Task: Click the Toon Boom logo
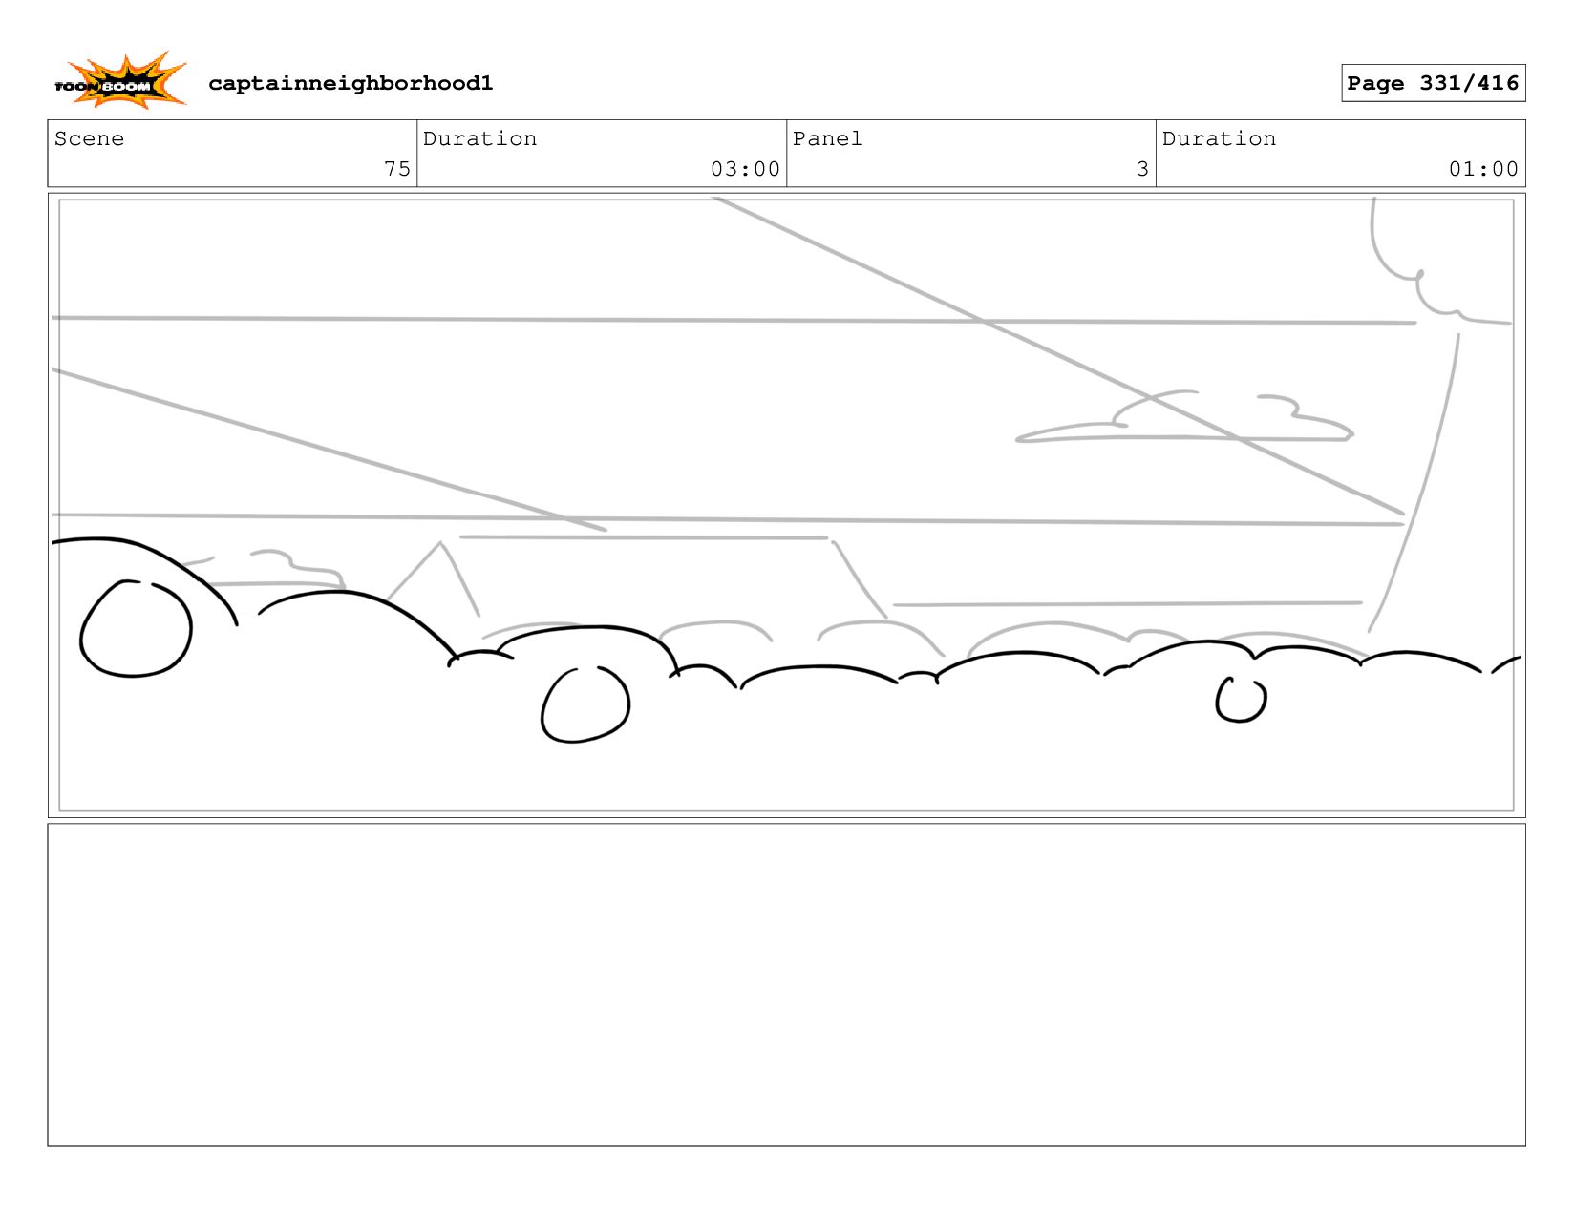click(x=119, y=82)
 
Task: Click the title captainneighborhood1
click(x=351, y=84)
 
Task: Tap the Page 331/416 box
click(x=1433, y=83)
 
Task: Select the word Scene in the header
click(x=89, y=139)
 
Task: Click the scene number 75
click(x=396, y=169)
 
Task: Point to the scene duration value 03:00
click(x=745, y=169)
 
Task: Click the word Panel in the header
click(x=827, y=139)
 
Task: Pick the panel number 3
click(x=1142, y=169)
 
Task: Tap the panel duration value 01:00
click(x=1483, y=169)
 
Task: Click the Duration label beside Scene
click(x=479, y=139)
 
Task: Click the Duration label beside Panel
click(x=1219, y=139)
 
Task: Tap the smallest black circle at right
click(x=1241, y=700)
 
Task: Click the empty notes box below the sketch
click(x=786, y=984)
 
